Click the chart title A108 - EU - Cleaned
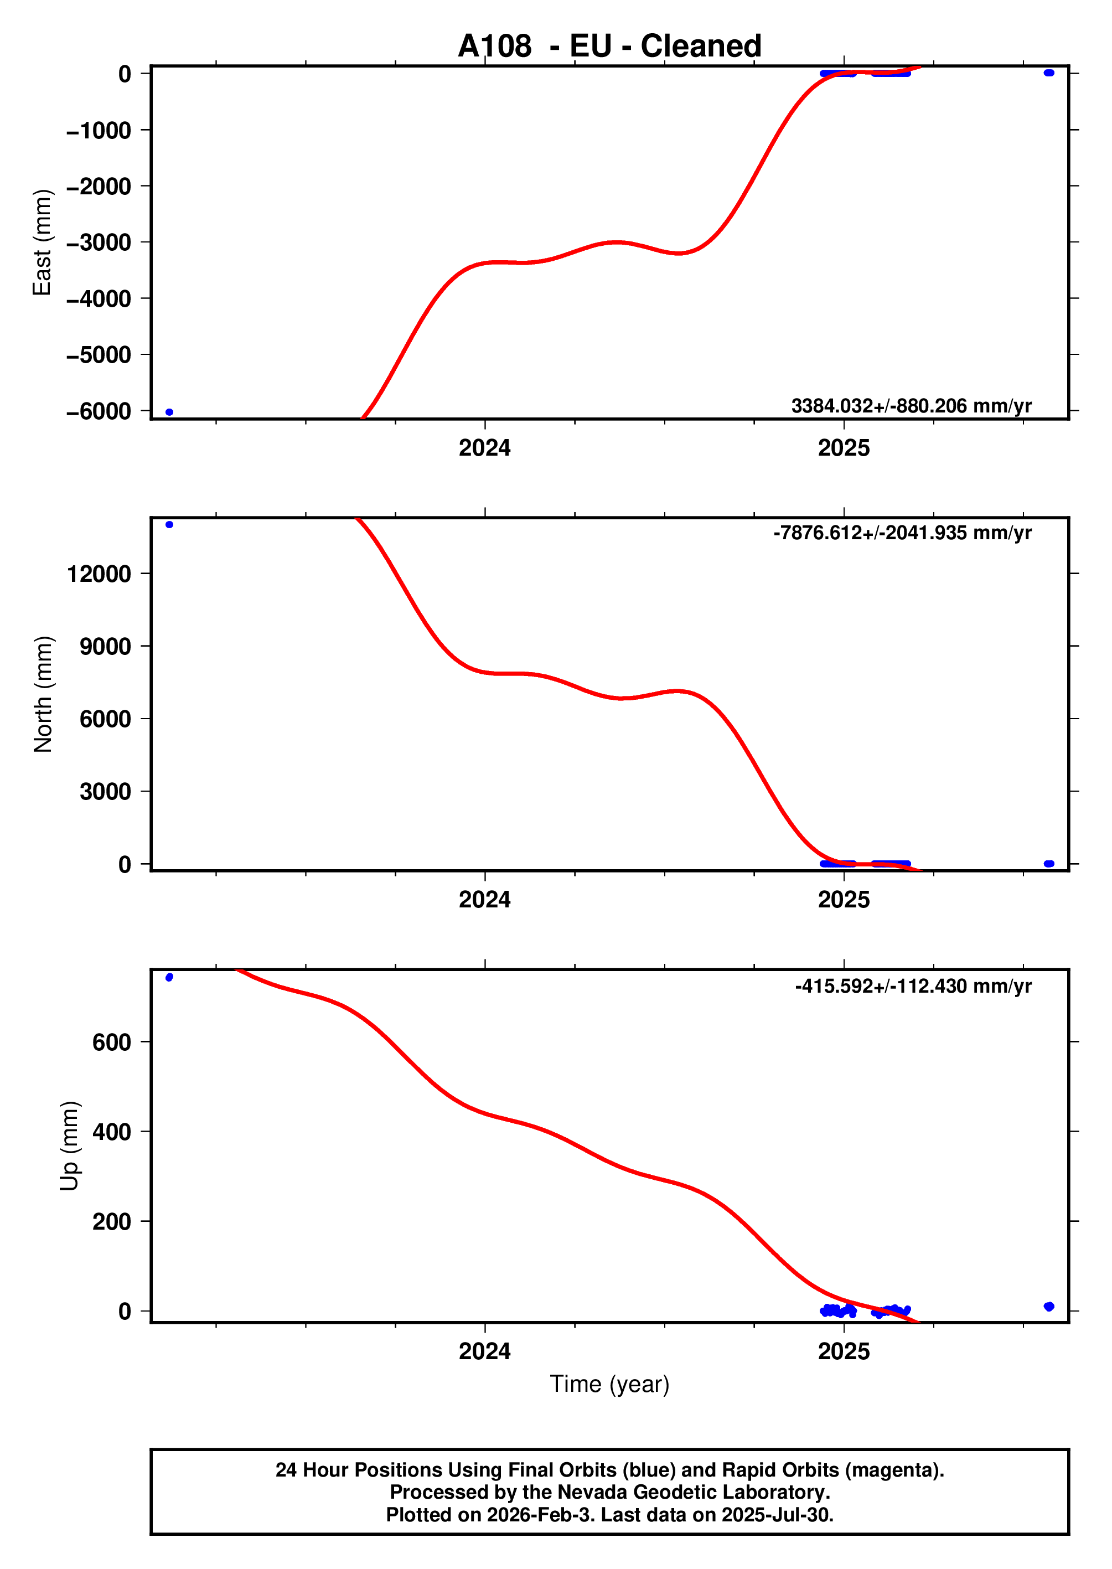[609, 46]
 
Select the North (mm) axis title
[43, 694]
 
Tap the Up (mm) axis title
[69, 1146]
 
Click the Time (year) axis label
[609, 1384]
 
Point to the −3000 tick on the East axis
[99, 242]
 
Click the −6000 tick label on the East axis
[99, 411]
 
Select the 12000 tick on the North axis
[99, 574]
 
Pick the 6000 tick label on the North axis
[105, 719]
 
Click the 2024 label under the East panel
[484, 448]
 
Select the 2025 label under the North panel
[844, 899]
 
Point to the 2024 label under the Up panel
[484, 1351]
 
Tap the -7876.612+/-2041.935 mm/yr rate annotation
[902, 533]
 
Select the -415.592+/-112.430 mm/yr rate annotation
[913, 986]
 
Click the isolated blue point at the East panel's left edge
[170, 412]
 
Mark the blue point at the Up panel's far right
[1048, 1307]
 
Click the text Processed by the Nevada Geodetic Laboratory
[609, 1492]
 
